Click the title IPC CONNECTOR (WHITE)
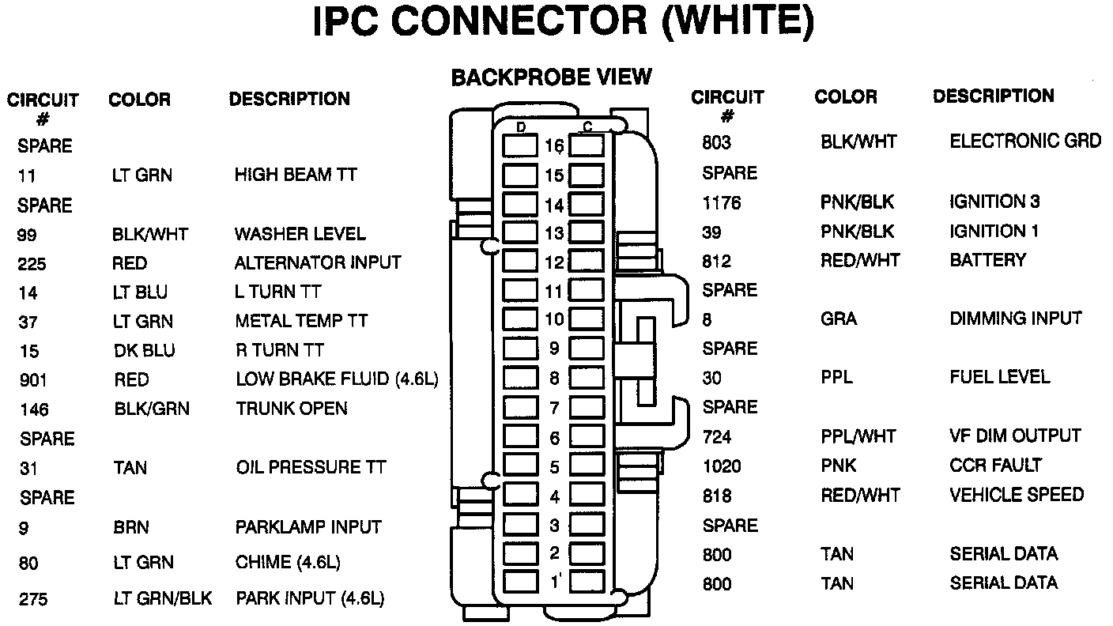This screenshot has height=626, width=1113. click(563, 24)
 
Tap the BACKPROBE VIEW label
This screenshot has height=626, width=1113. click(551, 77)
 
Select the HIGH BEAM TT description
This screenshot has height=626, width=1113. click(296, 175)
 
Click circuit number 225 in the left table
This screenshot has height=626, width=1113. click(32, 264)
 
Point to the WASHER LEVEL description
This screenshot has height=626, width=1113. click(300, 234)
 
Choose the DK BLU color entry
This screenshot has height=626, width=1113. click(144, 351)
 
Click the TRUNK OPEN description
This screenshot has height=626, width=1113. click(292, 409)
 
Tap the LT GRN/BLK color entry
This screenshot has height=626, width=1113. click(162, 598)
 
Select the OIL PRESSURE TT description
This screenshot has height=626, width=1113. click(311, 467)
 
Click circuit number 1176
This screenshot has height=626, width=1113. click(721, 203)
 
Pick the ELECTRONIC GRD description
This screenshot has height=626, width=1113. click(1025, 141)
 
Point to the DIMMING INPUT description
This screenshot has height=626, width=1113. click(1016, 319)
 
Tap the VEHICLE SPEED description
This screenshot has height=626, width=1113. click(1017, 495)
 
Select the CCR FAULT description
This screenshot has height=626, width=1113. click(996, 465)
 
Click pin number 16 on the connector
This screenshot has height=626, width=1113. click(554, 146)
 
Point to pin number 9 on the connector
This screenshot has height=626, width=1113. click(554, 349)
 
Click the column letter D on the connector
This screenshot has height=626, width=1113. click(521, 127)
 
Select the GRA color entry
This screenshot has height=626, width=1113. click(838, 319)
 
